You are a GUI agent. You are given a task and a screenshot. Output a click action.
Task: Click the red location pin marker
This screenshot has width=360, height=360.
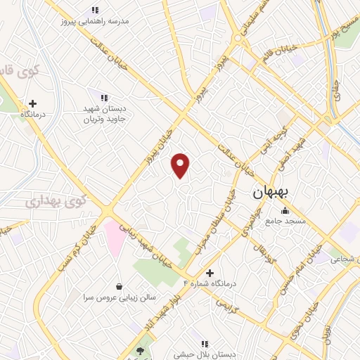pos(181,165)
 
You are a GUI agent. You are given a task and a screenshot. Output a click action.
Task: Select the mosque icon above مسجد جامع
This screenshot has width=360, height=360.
pos(285,211)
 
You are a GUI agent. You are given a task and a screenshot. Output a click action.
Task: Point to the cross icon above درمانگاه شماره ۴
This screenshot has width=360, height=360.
pos(209,272)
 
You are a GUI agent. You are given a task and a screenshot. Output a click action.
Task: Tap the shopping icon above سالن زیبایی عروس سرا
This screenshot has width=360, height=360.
pos(119,286)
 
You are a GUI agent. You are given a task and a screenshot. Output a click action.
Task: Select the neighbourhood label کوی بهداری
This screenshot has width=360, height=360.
pos(56,202)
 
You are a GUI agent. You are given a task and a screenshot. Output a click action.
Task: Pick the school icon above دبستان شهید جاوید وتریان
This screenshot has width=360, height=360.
pos(104,97)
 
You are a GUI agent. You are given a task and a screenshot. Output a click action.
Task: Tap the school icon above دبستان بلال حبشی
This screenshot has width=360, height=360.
pos(205,344)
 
